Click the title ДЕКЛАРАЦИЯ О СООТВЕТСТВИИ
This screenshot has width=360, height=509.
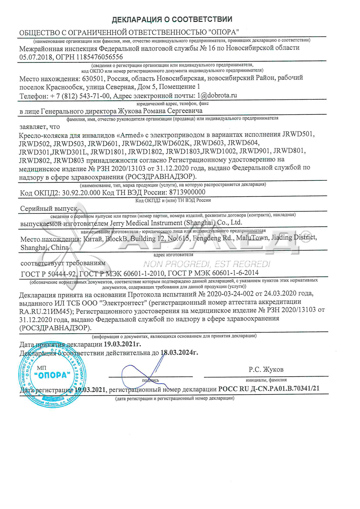172,19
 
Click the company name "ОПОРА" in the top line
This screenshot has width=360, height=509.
224,32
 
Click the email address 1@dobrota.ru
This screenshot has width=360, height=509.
217,96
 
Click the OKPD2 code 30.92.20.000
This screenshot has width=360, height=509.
81,193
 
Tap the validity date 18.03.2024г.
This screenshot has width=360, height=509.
179,353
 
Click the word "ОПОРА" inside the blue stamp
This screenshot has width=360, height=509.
52,375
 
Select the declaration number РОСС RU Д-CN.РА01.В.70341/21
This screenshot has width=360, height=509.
269,389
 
